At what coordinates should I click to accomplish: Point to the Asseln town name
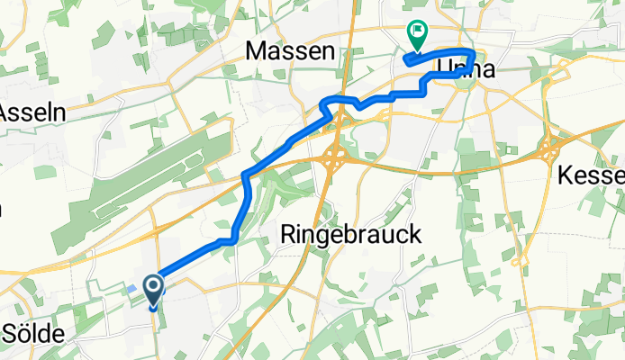point(27,113)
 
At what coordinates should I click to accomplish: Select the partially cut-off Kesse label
point(591,175)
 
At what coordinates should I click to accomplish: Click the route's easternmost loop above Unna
point(470,56)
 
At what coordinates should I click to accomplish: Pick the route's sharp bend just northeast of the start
point(233,238)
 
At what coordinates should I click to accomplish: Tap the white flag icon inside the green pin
point(418,31)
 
